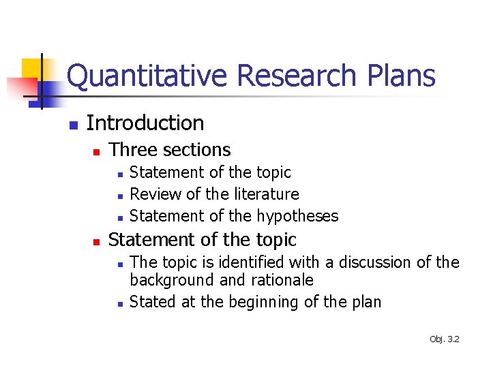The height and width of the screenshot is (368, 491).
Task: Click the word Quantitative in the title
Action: [x=147, y=76]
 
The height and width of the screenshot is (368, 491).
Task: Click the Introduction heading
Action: [x=145, y=123]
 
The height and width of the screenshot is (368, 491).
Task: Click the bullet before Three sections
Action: [x=97, y=151]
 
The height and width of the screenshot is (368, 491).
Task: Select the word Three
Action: [x=132, y=150]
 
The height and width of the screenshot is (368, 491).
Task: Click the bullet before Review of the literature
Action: [x=119, y=196]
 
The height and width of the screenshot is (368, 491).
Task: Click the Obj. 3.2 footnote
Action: [x=445, y=339]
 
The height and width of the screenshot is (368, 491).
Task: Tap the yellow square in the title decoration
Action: [x=32, y=67]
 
